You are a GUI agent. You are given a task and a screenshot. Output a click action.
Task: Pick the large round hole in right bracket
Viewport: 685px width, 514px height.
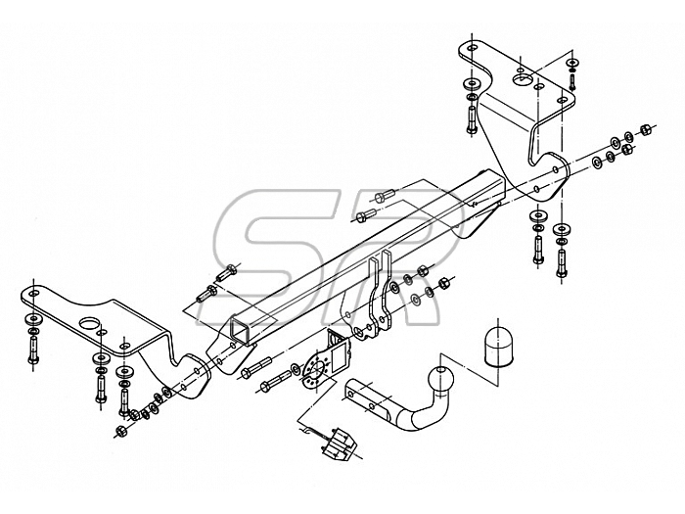[522, 79]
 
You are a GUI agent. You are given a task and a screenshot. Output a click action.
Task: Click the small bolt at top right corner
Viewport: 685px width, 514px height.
[572, 82]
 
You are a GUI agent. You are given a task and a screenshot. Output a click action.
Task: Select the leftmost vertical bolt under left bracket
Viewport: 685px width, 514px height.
[33, 350]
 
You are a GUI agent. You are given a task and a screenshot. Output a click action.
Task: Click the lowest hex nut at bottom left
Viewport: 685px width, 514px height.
[120, 432]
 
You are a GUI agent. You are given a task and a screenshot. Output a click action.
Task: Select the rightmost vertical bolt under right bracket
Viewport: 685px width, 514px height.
[562, 262]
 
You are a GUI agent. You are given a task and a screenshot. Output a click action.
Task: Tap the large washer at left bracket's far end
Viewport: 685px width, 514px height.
[33, 318]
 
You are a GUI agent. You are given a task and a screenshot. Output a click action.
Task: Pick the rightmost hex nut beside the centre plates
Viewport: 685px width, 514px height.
[442, 283]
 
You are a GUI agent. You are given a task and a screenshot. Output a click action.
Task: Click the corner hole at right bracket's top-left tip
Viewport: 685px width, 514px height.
[471, 48]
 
